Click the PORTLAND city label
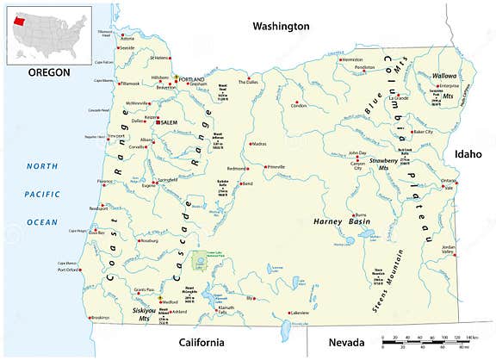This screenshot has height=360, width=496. pyautogui.click(x=193, y=79)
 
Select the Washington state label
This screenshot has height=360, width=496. pyautogui.click(x=280, y=27)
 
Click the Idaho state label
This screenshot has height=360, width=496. pyautogui.click(x=469, y=153)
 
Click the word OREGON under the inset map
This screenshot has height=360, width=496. pyautogui.click(x=48, y=71)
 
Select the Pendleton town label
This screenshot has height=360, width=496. pyautogui.click(x=365, y=66)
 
